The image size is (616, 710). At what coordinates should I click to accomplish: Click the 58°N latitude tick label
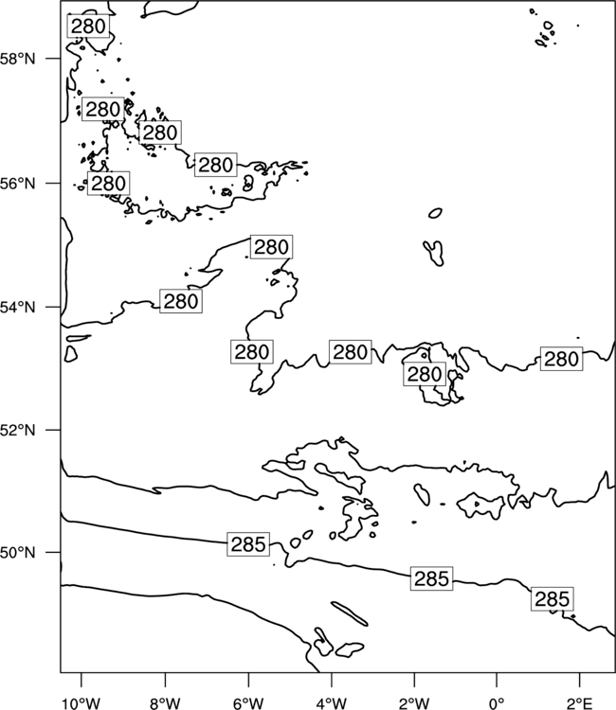[18, 59]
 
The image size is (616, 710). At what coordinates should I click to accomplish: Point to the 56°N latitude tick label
[18, 184]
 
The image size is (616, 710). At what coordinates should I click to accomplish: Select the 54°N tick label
[18, 308]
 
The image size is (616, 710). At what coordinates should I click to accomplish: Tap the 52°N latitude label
[18, 430]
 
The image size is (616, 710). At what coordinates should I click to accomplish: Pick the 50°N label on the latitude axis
[18, 553]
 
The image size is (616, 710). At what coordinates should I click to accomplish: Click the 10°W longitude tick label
[82, 702]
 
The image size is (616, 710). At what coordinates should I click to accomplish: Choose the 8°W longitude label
[165, 702]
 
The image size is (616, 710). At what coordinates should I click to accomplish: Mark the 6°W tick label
[248, 702]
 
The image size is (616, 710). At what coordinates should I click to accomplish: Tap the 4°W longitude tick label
[332, 702]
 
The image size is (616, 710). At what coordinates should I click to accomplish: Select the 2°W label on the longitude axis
[414, 702]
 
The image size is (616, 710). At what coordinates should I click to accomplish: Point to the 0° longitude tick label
[497, 702]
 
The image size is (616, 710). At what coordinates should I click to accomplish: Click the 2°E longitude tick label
[580, 702]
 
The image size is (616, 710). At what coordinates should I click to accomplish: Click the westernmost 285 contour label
[248, 544]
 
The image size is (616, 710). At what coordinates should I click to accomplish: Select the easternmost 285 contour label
[553, 599]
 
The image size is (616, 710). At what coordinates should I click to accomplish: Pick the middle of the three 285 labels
[431, 578]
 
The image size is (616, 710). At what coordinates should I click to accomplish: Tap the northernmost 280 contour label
[88, 27]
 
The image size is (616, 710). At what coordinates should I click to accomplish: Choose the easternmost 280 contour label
[562, 359]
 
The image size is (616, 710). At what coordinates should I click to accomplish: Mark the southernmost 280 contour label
[425, 374]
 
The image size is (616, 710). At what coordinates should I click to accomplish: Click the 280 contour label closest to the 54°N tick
[181, 301]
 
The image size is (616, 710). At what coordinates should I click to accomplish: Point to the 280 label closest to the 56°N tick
[108, 184]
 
